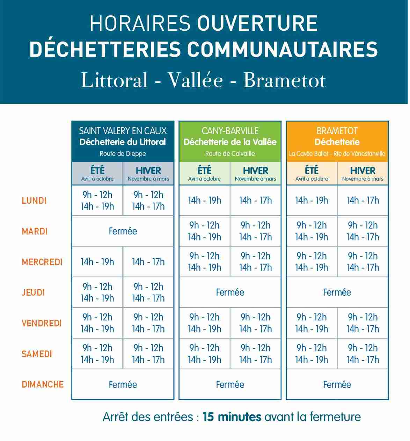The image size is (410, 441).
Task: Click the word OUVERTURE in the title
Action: coord(257,23)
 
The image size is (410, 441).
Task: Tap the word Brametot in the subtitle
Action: coord(284,80)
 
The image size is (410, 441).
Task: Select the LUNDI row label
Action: coord(34,201)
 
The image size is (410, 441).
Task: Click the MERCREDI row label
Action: coord(42,262)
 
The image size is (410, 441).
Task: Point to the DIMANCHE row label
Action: coord(43,384)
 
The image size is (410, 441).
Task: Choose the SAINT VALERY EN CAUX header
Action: coord(123,131)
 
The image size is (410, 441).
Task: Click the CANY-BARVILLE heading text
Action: coord(230,131)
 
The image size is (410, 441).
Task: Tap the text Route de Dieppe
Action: coord(123,153)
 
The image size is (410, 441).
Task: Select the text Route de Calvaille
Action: coord(230,153)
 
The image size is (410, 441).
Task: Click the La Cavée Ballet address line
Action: coord(337,153)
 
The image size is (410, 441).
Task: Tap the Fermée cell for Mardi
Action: coord(123,231)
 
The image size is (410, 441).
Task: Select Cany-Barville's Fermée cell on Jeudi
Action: coord(230,292)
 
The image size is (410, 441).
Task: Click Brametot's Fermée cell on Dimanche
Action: coord(337,384)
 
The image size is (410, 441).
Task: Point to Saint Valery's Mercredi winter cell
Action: coord(148,262)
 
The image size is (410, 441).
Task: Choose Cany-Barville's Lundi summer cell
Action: coord(204,200)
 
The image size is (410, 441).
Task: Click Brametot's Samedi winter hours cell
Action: coord(363,354)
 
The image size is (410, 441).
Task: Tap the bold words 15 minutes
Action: coord(232,417)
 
